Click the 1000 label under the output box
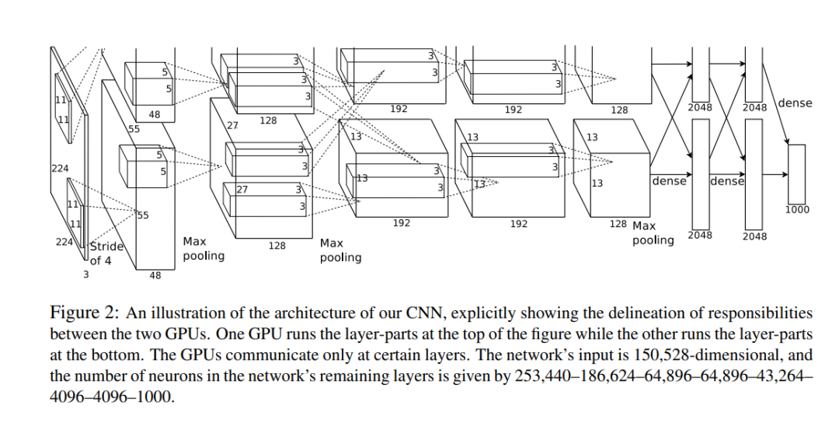(x=797, y=209)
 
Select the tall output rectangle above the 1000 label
(x=797, y=172)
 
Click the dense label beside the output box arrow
(x=794, y=103)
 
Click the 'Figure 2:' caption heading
(x=84, y=313)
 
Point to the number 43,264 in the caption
(x=783, y=376)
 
